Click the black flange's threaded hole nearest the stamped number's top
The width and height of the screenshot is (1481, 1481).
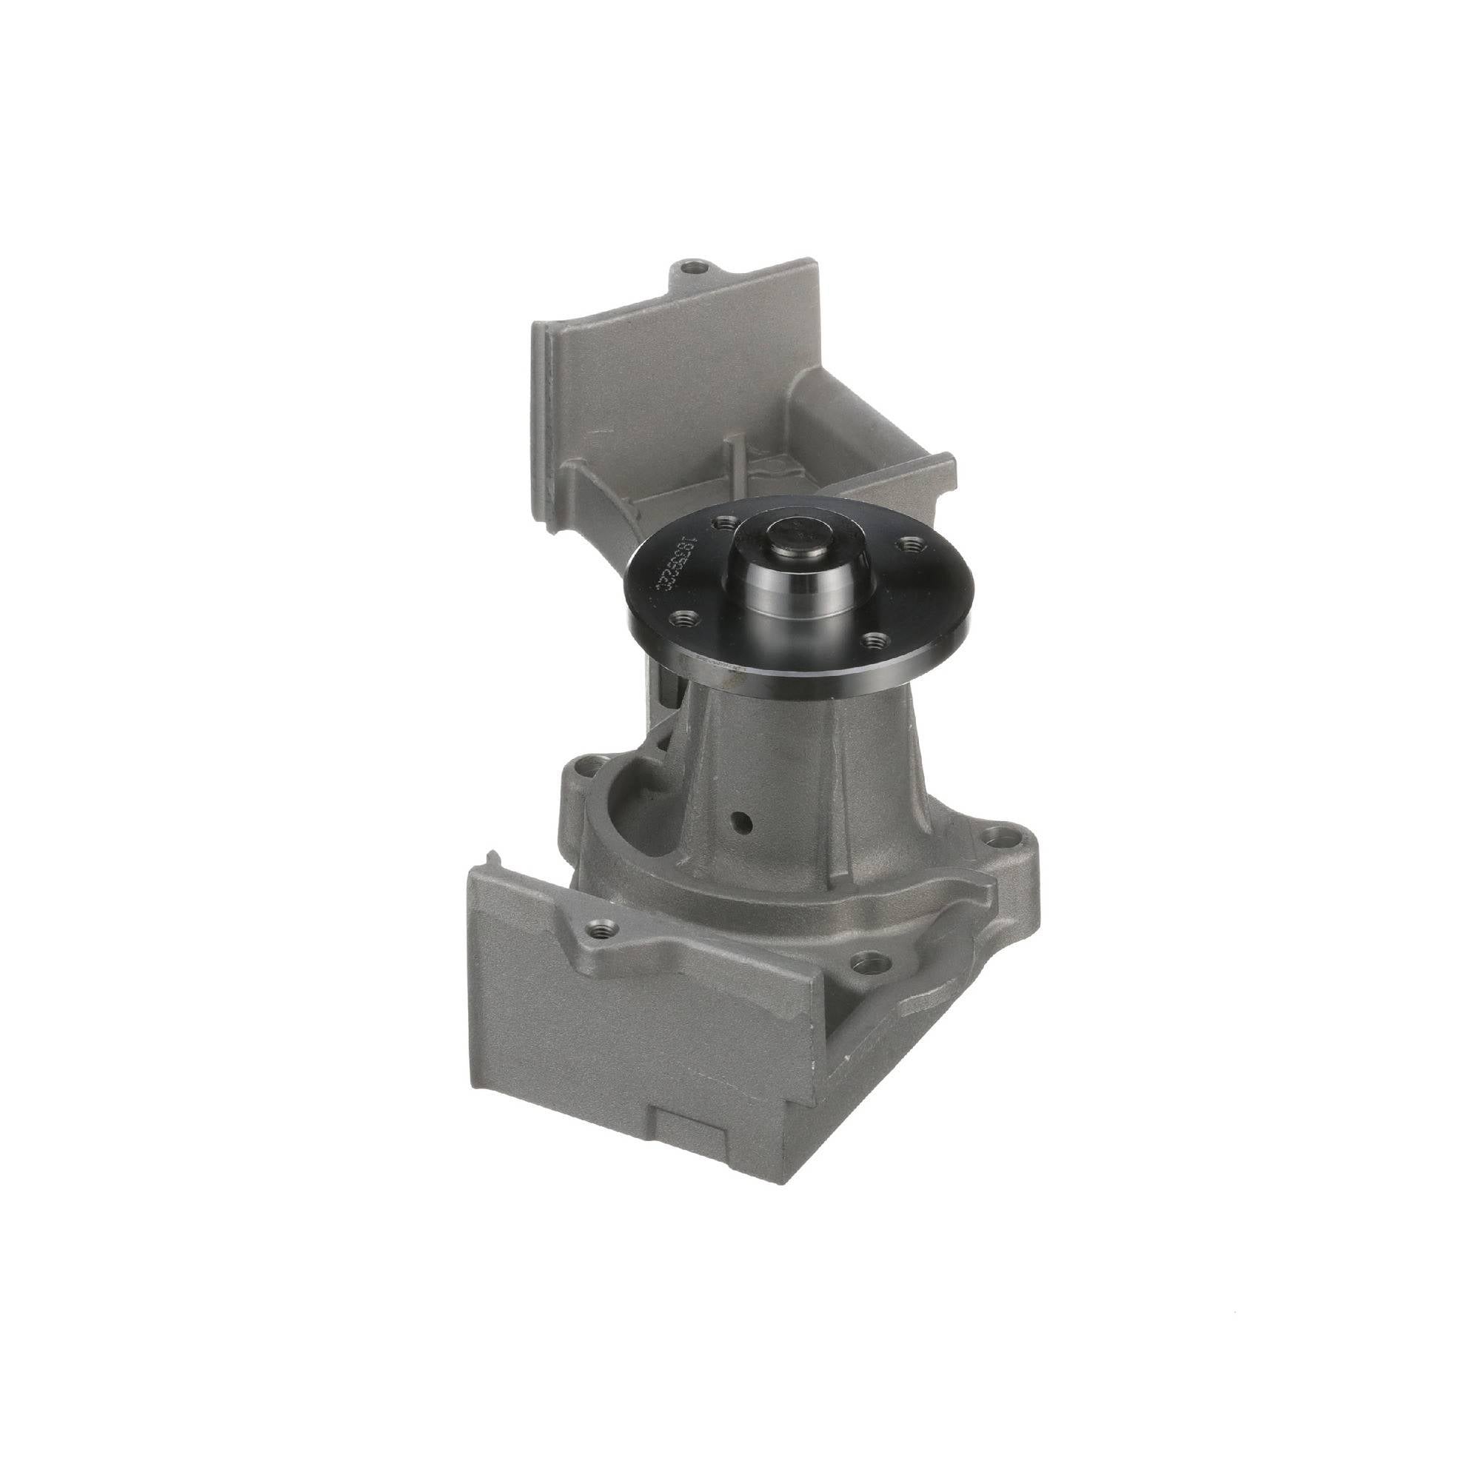(721, 524)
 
